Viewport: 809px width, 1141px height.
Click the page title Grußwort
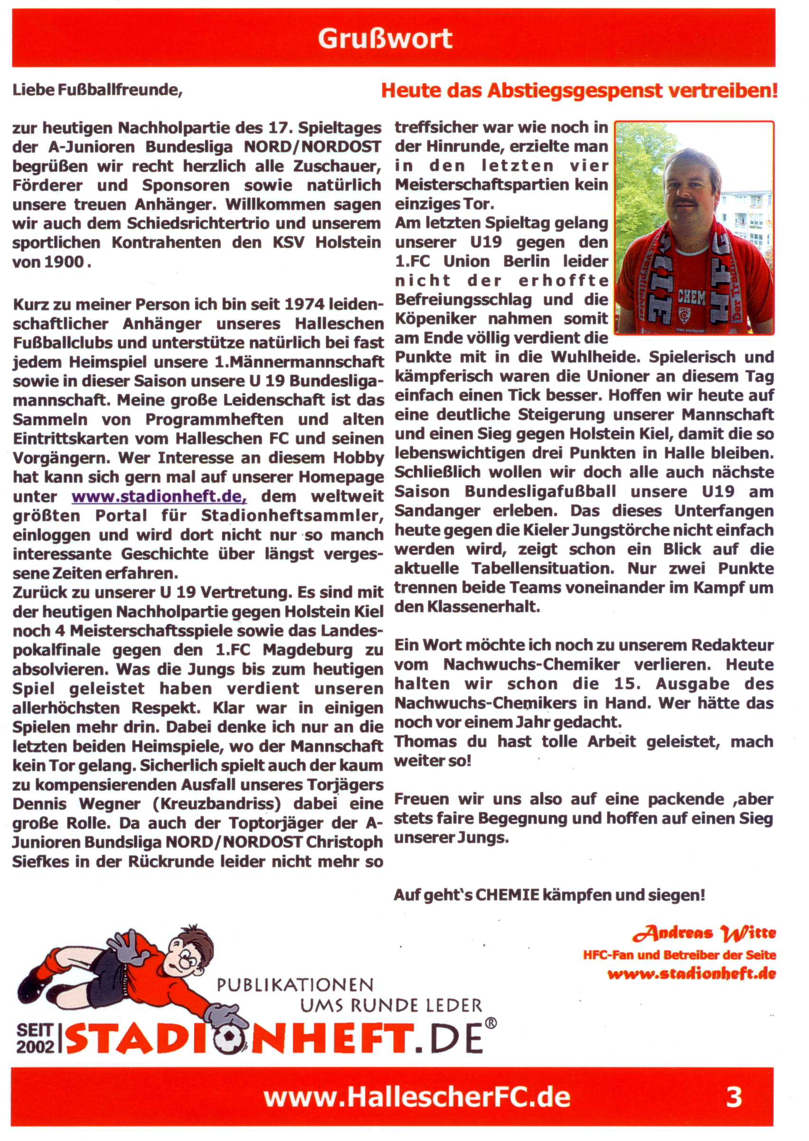point(385,38)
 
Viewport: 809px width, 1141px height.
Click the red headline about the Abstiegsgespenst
point(579,91)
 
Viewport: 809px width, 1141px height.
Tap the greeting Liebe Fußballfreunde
point(97,90)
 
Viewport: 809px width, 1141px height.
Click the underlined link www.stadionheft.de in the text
point(159,496)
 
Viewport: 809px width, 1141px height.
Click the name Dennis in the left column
point(39,804)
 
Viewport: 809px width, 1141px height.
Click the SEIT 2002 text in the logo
point(35,1038)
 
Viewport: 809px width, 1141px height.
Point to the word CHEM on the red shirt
point(691,298)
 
